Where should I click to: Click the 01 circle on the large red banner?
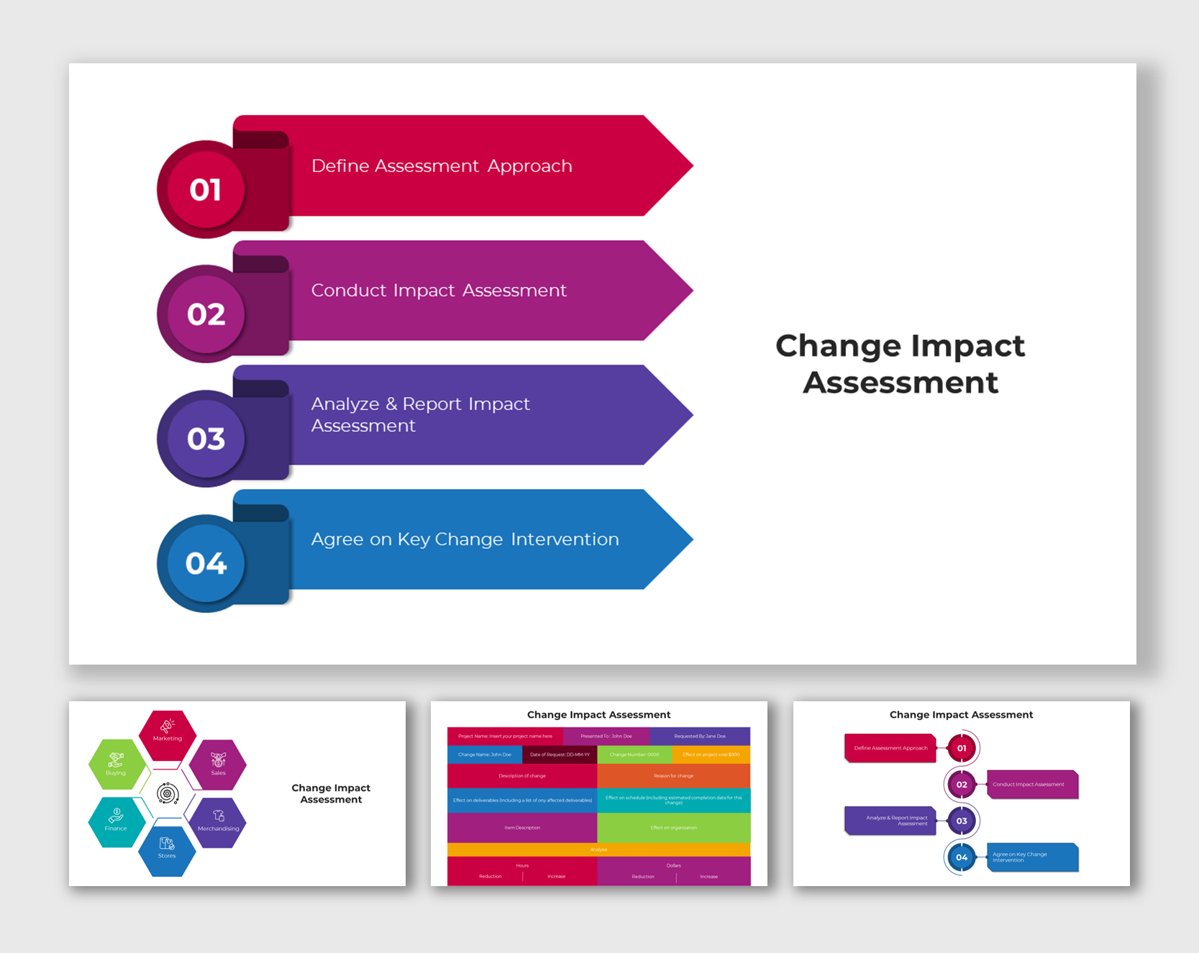[206, 190]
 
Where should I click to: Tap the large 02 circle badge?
[206, 314]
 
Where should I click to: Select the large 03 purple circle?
[206, 439]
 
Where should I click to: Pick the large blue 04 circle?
[206, 563]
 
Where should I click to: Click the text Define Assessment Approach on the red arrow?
[442, 166]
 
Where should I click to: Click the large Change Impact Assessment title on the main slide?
[900, 364]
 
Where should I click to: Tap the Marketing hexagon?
[168, 734]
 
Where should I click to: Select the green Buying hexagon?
[116, 764]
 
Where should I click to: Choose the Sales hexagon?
[219, 764]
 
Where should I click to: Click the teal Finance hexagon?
[116, 821]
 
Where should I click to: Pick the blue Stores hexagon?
[167, 850]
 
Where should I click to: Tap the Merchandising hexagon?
[219, 821]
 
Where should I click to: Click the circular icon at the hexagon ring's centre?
[168, 793]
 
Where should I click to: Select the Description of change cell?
[522, 776]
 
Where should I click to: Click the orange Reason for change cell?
[674, 776]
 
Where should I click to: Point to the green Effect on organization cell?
[674, 828]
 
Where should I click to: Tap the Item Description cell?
[522, 828]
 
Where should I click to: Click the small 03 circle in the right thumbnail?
[962, 821]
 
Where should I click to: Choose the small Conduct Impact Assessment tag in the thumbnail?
[1031, 785]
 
